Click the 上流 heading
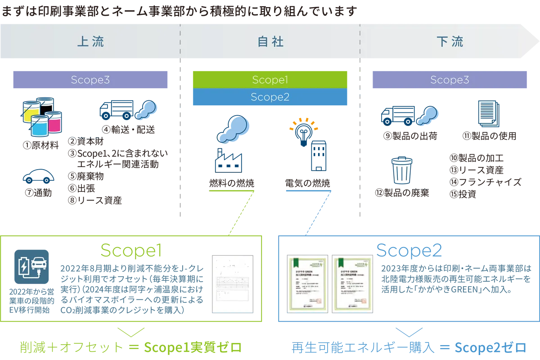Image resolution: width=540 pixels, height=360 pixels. [90, 42]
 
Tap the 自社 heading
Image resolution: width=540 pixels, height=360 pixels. [270, 42]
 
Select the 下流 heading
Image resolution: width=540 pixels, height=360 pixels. [450, 42]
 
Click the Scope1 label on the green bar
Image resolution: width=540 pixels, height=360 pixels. [270, 80]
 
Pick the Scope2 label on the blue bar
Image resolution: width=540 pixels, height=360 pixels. [270, 97]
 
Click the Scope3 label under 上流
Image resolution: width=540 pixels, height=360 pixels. [90, 80]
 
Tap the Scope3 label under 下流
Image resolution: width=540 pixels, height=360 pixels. [450, 80]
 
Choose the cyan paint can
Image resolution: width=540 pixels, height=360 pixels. [39, 126]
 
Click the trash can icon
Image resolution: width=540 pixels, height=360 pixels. [401, 171]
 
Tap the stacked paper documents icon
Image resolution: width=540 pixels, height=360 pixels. [487, 114]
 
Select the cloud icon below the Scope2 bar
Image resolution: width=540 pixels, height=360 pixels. [233, 129]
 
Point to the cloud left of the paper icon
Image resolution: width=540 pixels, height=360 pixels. [427, 115]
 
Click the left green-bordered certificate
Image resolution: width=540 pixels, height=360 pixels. [308, 283]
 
